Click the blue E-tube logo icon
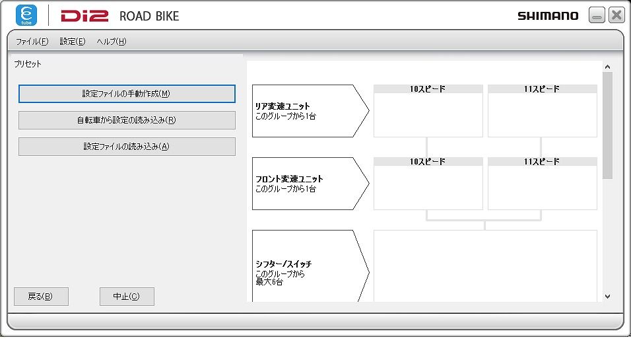tap(26, 15)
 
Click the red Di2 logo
tap(84, 16)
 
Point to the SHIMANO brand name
tap(548, 16)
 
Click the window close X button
tap(616, 15)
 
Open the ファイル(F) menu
tap(32, 42)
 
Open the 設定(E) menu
tap(73, 42)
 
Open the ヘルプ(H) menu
tap(112, 42)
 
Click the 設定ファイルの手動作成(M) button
tap(127, 94)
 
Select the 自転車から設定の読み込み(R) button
tap(127, 120)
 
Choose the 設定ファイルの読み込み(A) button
tap(127, 147)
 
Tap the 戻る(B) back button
tap(41, 297)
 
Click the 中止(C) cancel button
tap(127, 297)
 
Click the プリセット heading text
tap(28, 64)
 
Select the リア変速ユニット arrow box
tap(310, 111)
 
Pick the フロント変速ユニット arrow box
tap(310, 184)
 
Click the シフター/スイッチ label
tap(283, 264)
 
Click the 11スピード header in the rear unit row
tap(542, 89)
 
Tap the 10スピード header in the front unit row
tap(427, 161)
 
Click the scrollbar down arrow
tap(608, 297)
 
